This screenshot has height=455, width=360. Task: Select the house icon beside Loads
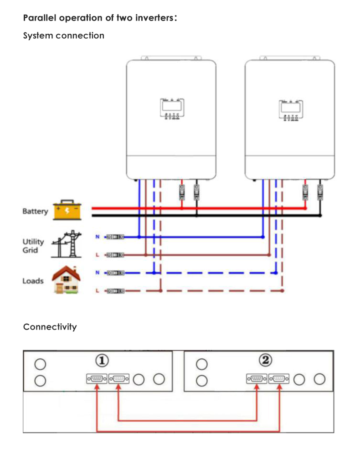click(x=66, y=279)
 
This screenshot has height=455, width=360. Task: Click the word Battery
click(x=35, y=212)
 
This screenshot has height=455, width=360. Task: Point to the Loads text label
click(x=33, y=281)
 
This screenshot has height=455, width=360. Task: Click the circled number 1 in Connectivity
click(x=103, y=361)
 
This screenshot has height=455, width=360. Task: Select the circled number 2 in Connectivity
click(x=265, y=360)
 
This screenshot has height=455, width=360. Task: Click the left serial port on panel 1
click(x=97, y=378)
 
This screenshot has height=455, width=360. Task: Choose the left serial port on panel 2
click(x=257, y=378)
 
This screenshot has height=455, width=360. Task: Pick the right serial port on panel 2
click(x=279, y=378)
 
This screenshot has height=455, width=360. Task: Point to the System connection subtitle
click(x=63, y=36)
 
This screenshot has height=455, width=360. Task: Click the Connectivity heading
click(x=50, y=327)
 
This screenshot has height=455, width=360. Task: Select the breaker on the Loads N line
click(x=115, y=273)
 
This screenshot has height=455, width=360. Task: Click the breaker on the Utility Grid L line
click(x=115, y=254)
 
